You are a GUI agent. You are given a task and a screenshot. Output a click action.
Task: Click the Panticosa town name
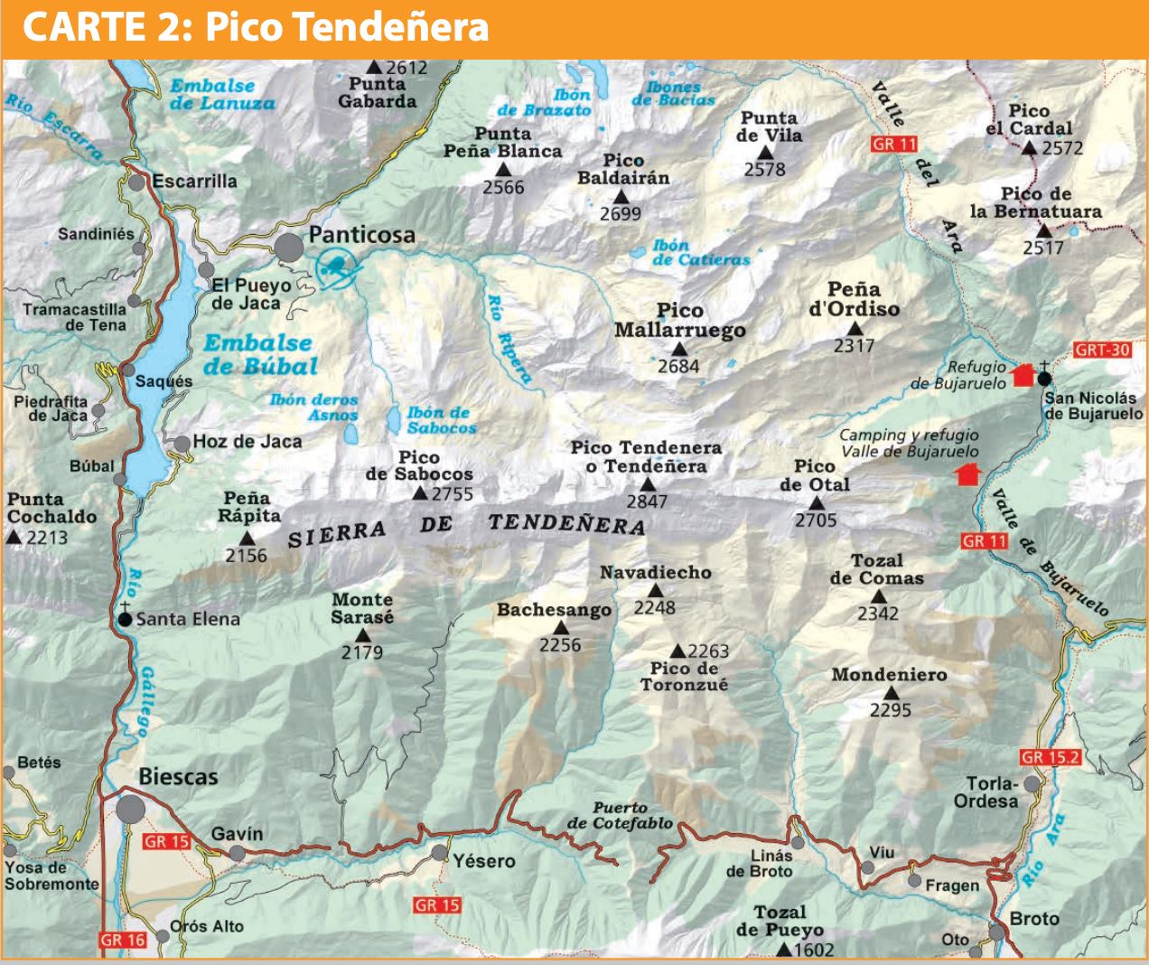click(x=361, y=235)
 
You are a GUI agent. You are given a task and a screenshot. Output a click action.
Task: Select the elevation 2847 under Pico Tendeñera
click(x=647, y=502)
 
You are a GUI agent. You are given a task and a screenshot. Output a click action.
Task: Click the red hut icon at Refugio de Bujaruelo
click(x=1023, y=374)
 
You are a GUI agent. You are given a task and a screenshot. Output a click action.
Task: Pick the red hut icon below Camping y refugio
click(x=968, y=473)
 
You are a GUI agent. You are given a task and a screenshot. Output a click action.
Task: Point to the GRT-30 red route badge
click(x=1102, y=350)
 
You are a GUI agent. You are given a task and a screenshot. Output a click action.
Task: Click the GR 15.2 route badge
click(x=1050, y=757)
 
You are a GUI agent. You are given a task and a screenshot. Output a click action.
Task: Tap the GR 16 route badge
click(x=123, y=940)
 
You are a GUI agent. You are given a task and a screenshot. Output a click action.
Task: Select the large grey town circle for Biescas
click(x=130, y=809)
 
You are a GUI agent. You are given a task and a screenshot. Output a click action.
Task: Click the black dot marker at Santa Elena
click(x=126, y=619)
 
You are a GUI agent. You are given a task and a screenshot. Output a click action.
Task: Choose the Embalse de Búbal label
click(x=259, y=354)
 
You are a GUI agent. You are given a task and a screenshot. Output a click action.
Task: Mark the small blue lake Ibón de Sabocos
click(x=394, y=419)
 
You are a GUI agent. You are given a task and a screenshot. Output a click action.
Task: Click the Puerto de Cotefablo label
click(x=620, y=815)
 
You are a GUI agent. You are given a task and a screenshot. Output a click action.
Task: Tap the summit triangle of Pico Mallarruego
click(x=679, y=349)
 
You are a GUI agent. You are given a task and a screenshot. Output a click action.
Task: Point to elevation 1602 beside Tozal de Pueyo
click(x=813, y=950)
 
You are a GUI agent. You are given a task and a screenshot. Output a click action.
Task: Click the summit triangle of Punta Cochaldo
click(x=14, y=537)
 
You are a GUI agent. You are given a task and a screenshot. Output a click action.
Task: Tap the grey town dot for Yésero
click(x=439, y=852)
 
